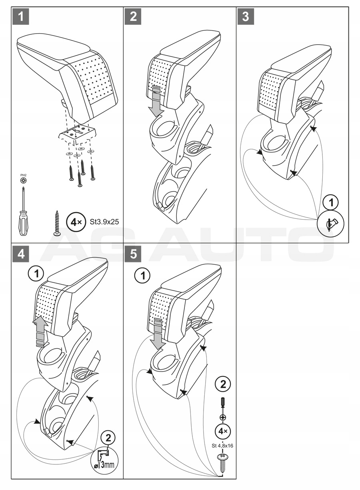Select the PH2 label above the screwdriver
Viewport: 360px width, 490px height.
coord(23,175)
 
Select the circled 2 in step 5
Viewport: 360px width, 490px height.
coord(222,385)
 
